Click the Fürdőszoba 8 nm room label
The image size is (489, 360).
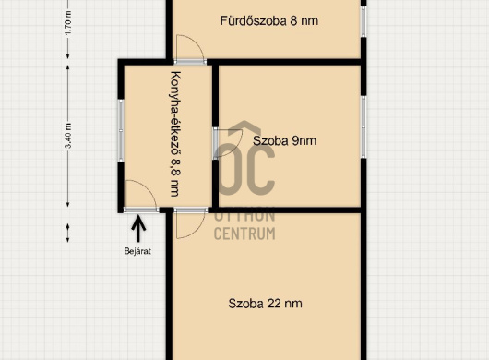point(269,21)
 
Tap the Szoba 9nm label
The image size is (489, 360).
point(284,140)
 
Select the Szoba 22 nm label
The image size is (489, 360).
point(265,304)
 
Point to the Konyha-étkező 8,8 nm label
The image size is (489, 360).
point(175,134)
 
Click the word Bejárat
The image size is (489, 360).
point(137,251)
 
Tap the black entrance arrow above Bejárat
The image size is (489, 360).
point(138,229)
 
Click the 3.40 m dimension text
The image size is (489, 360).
point(68,136)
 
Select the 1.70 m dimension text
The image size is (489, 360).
point(68,23)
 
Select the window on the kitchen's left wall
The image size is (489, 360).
point(121,131)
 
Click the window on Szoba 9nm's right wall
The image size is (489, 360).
point(364,127)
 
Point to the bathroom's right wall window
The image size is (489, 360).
point(364,21)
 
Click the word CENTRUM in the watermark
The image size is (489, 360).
point(244,234)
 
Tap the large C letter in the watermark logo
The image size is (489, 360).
point(261,170)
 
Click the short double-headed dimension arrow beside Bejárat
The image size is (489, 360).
point(68,233)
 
